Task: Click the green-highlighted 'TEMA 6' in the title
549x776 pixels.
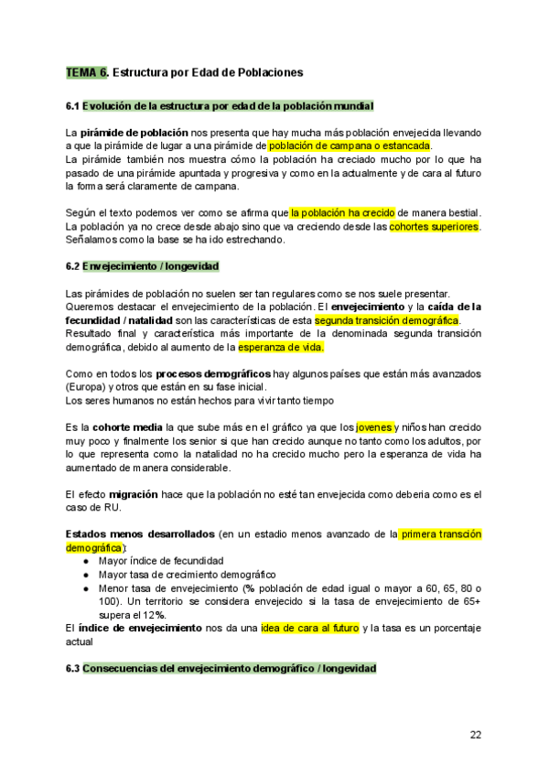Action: tap(87, 71)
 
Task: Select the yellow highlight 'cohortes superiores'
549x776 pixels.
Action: tap(434, 226)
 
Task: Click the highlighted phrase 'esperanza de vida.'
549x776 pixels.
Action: tap(281, 348)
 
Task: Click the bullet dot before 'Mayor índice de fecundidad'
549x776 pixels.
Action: tap(86, 561)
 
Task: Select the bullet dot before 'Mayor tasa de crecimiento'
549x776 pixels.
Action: tap(86, 574)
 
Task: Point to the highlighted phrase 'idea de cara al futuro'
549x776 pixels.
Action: tap(309, 628)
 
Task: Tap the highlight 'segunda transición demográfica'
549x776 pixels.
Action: tap(385, 321)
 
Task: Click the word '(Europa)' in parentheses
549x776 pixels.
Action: tap(87, 387)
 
